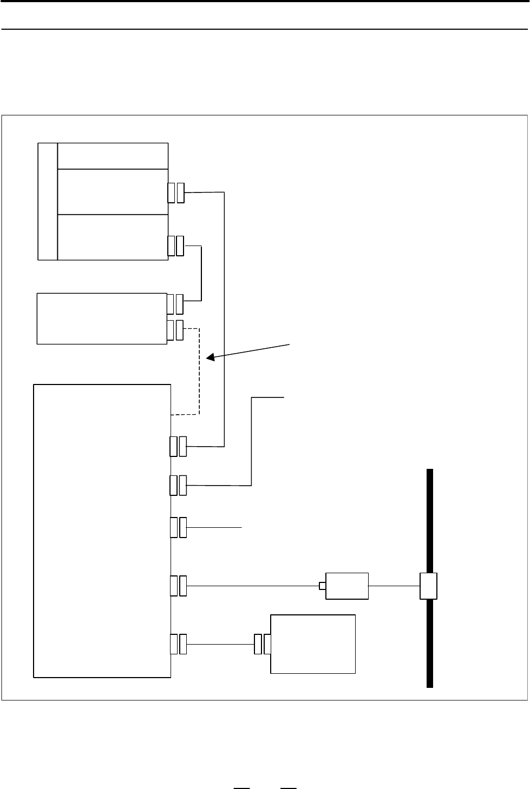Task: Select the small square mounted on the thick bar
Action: (429, 586)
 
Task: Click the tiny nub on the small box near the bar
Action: (322, 586)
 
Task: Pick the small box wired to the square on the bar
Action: (346, 586)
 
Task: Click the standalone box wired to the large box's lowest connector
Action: (313, 644)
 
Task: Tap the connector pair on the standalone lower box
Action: (263, 644)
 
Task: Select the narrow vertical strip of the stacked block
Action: (48, 201)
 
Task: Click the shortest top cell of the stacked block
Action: (113, 156)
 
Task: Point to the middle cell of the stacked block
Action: (113, 191)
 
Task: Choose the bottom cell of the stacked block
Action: (113, 237)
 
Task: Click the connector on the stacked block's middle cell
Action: (176, 193)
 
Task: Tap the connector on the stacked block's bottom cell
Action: (176, 246)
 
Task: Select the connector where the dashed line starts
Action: (175, 330)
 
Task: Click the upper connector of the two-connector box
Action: (175, 304)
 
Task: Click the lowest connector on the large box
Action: (178, 644)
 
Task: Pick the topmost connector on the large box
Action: (178, 446)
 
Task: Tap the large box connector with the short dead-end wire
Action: (178, 527)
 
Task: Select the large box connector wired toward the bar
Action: (178, 586)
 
